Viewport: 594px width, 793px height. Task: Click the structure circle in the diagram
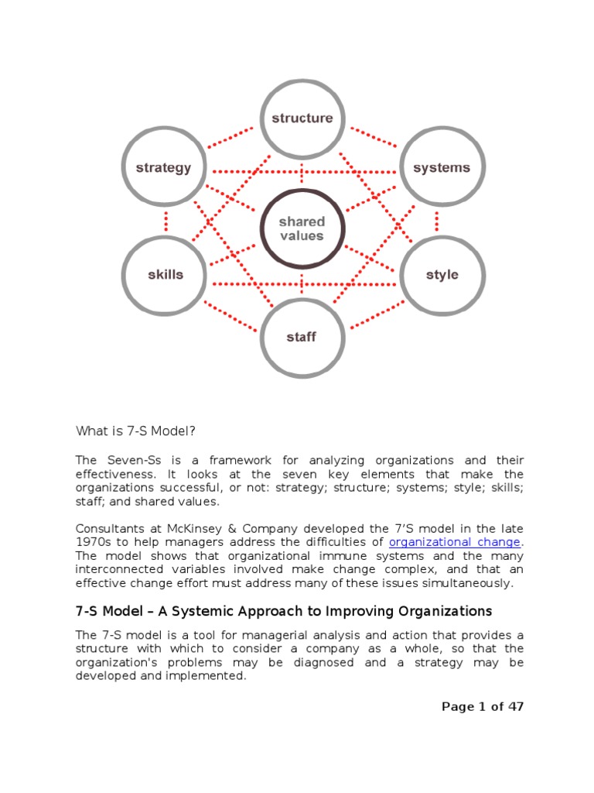[x=302, y=118]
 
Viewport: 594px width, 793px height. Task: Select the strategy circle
[x=163, y=167]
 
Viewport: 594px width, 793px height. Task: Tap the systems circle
[x=441, y=167]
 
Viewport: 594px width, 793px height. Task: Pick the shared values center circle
[x=302, y=228]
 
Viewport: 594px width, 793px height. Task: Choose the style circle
[x=442, y=275]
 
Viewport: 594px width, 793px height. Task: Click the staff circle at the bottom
[x=302, y=337]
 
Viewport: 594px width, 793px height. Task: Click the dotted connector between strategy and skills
[x=165, y=221]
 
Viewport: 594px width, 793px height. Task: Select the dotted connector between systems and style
[x=438, y=221]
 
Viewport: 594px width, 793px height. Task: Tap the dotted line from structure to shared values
[x=302, y=173]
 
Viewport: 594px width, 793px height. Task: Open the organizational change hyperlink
[x=455, y=541]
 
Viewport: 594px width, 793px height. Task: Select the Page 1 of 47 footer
[x=482, y=706]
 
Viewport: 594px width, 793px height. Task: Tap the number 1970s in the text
[x=95, y=541]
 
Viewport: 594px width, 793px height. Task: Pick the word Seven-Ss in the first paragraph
[x=128, y=460]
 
